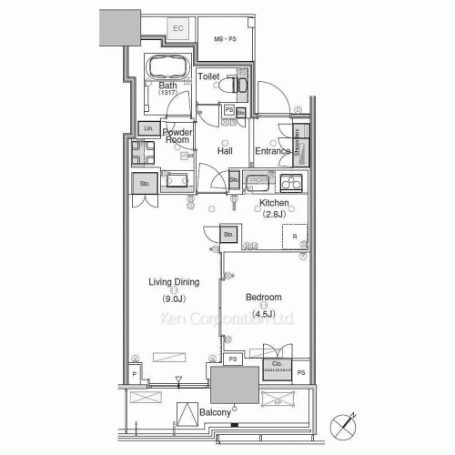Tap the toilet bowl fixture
239,84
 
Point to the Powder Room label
177,136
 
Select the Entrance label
272,151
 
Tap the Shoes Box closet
301,143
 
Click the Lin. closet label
147,128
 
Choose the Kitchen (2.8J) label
274,208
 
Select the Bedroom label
263,298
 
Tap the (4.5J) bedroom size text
263,315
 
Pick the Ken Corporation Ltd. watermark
227,319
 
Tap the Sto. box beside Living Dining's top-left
145,184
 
